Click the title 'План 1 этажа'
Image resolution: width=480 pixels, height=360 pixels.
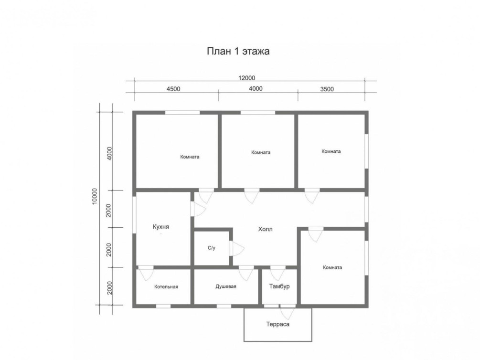(238, 51)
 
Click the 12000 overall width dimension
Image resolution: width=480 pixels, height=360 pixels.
(247, 78)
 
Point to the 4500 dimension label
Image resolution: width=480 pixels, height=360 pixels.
(173, 89)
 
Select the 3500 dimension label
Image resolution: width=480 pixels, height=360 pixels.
(327, 89)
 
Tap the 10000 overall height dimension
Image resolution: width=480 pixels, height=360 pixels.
(94, 196)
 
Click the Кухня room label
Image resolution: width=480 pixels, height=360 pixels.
(160, 227)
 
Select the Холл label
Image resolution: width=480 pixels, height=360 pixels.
(265, 229)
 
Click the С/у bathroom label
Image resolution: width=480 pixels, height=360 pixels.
(212, 248)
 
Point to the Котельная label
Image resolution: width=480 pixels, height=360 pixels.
(166, 287)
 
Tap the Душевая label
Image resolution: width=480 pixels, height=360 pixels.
(226, 286)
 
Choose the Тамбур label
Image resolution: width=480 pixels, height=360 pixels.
(279, 286)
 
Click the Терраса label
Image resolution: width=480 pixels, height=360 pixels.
(277, 324)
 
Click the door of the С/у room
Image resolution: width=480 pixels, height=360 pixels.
(236, 248)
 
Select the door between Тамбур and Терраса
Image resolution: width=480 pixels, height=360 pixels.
(288, 312)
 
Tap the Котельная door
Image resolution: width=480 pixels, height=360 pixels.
(145, 273)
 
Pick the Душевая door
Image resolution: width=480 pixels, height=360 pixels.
(246, 273)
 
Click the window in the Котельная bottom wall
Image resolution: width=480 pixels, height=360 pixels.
(163, 306)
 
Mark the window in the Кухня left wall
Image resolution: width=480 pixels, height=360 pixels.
(134, 215)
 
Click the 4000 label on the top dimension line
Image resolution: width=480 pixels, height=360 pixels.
(256, 89)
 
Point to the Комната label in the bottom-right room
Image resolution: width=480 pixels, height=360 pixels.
(332, 267)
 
